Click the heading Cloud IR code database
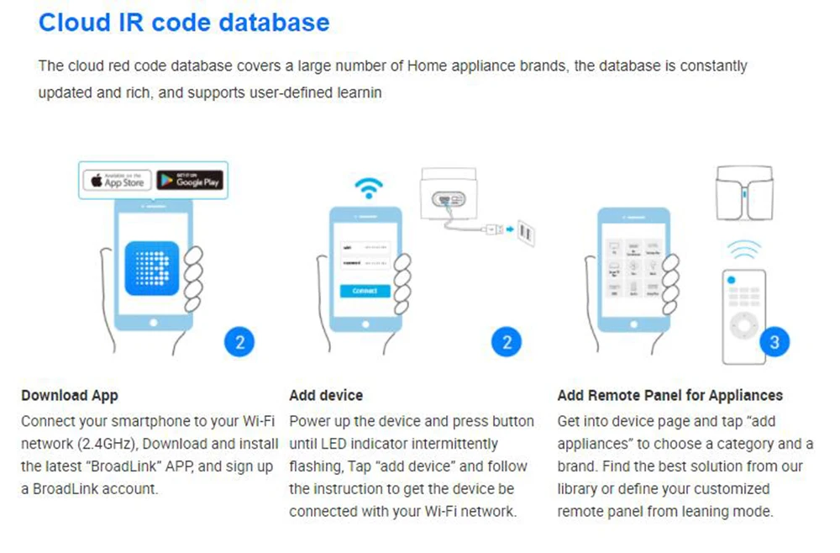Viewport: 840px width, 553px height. (x=184, y=23)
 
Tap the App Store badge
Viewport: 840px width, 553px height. (x=117, y=180)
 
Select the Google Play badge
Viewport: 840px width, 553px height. (x=190, y=180)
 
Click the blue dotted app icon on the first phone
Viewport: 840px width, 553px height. (x=152, y=268)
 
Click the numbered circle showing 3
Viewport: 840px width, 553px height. (x=774, y=342)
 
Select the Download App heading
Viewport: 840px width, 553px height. (x=70, y=395)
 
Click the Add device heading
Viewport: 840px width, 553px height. (x=326, y=395)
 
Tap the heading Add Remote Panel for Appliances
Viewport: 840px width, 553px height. (x=670, y=395)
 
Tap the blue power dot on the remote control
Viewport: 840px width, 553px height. (x=732, y=278)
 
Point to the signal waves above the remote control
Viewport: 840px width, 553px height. (x=743, y=250)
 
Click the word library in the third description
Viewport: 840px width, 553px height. (x=580, y=489)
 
